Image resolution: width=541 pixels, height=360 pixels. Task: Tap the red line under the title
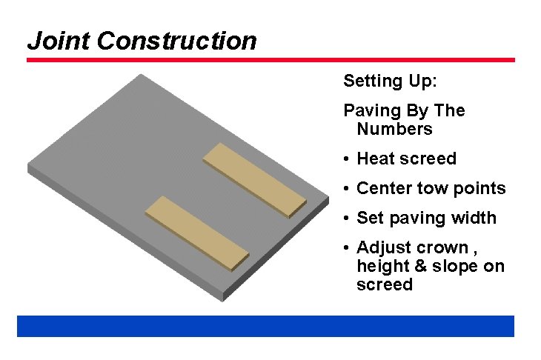coord(270,60)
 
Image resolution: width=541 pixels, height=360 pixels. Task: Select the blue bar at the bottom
coord(265,326)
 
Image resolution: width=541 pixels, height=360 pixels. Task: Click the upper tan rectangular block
coord(254,180)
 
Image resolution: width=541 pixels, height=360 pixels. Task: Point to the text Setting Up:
coord(391,81)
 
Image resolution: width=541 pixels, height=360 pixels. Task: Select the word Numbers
coord(394,129)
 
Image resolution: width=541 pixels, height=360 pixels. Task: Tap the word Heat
coord(375,159)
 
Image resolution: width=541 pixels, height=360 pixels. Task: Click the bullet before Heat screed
coord(347,159)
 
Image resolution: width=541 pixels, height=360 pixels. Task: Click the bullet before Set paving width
coord(347,219)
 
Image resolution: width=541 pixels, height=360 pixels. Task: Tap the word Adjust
coord(382,247)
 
